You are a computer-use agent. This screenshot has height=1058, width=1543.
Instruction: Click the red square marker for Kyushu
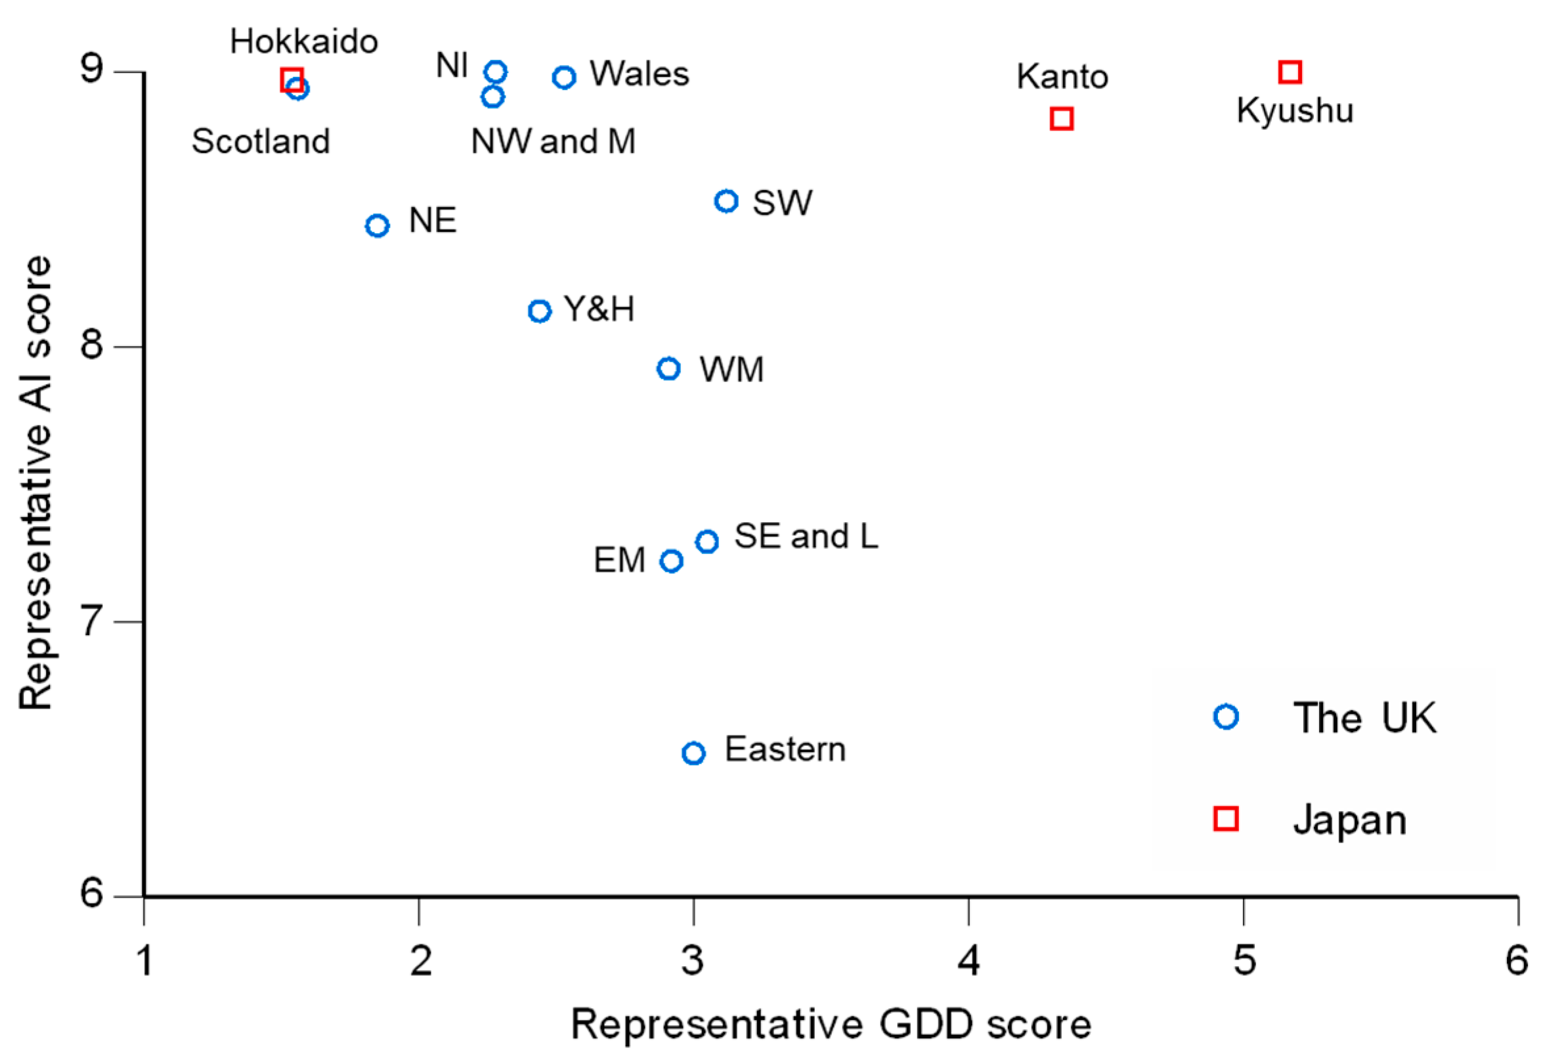(x=1290, y=72)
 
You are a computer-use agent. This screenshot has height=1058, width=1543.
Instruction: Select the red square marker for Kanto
(x=1062, y=119)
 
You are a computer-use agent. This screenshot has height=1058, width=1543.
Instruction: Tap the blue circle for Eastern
(x=693, y=753)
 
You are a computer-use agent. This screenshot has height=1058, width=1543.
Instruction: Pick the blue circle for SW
(x=726, y=200)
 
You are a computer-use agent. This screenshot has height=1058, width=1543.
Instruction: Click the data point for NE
(x=377, y=226)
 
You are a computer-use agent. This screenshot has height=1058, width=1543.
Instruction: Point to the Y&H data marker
(x=540, y=311)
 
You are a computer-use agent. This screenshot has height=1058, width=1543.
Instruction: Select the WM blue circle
(x=668, y=368)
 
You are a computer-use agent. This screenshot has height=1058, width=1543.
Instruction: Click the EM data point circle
(x=671, y=562)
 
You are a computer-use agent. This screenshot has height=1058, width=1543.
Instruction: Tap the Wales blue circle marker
(x=563, y=77)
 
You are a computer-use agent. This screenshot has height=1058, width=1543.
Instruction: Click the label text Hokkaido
(x=304, y=42)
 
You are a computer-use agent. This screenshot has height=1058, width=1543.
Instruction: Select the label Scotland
(x=261, y=141)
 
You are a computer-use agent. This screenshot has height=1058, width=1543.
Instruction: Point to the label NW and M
(x=553, y=141)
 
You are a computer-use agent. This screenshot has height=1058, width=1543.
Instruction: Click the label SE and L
(x=806, y=536)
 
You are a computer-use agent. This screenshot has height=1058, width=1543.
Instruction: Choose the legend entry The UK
(x=1364, y=718)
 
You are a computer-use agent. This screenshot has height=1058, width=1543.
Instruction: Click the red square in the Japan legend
(x=1226, y=819)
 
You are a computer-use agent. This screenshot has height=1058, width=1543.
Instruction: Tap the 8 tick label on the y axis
(x=92, y=345)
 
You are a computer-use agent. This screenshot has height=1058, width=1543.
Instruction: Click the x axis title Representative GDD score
(x=831, y=1025)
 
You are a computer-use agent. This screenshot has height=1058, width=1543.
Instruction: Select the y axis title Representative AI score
(x=35, y=483)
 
